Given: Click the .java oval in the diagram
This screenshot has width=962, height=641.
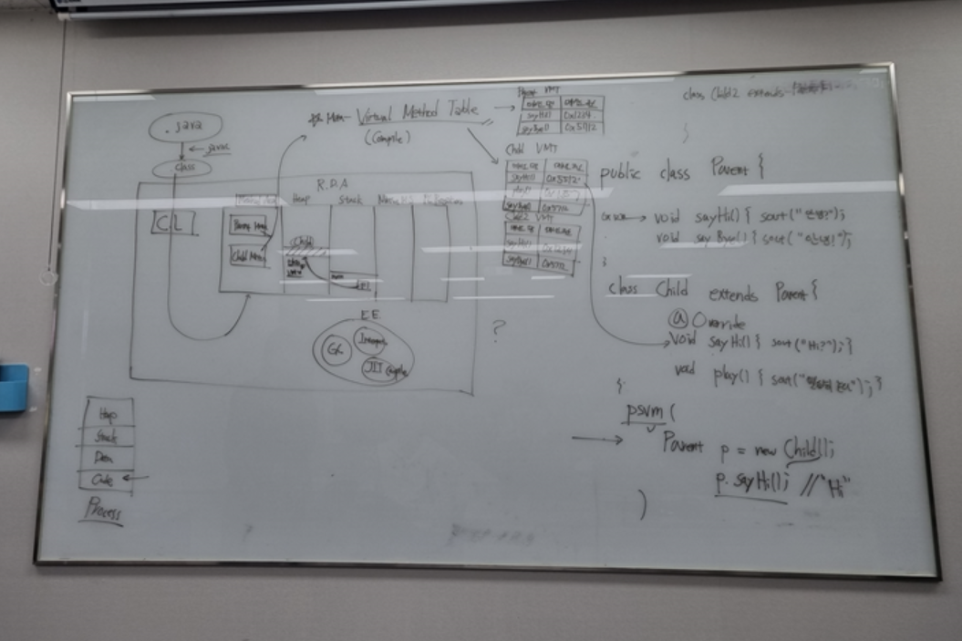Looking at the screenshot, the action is tap(185, 128).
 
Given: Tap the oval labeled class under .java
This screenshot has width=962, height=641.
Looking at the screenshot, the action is tap(181, 169).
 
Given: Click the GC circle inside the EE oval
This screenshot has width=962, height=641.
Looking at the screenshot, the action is tap(336, 351).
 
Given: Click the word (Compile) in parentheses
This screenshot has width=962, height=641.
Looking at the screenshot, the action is tap(388, 138).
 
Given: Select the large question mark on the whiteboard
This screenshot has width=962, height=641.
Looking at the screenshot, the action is tap(498, 329).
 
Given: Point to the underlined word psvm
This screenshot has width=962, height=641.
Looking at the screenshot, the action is tap(646, 413).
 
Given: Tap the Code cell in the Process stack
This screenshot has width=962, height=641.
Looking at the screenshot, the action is tap(106, 479).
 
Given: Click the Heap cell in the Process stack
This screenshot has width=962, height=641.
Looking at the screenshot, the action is tap(107, 412).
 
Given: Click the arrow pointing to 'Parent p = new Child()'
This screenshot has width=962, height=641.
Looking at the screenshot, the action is tap(596, 439).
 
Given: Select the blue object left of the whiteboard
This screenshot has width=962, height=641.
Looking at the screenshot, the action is tap(14, 386).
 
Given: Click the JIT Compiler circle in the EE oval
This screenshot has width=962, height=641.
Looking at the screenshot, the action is tap(384, 368).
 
